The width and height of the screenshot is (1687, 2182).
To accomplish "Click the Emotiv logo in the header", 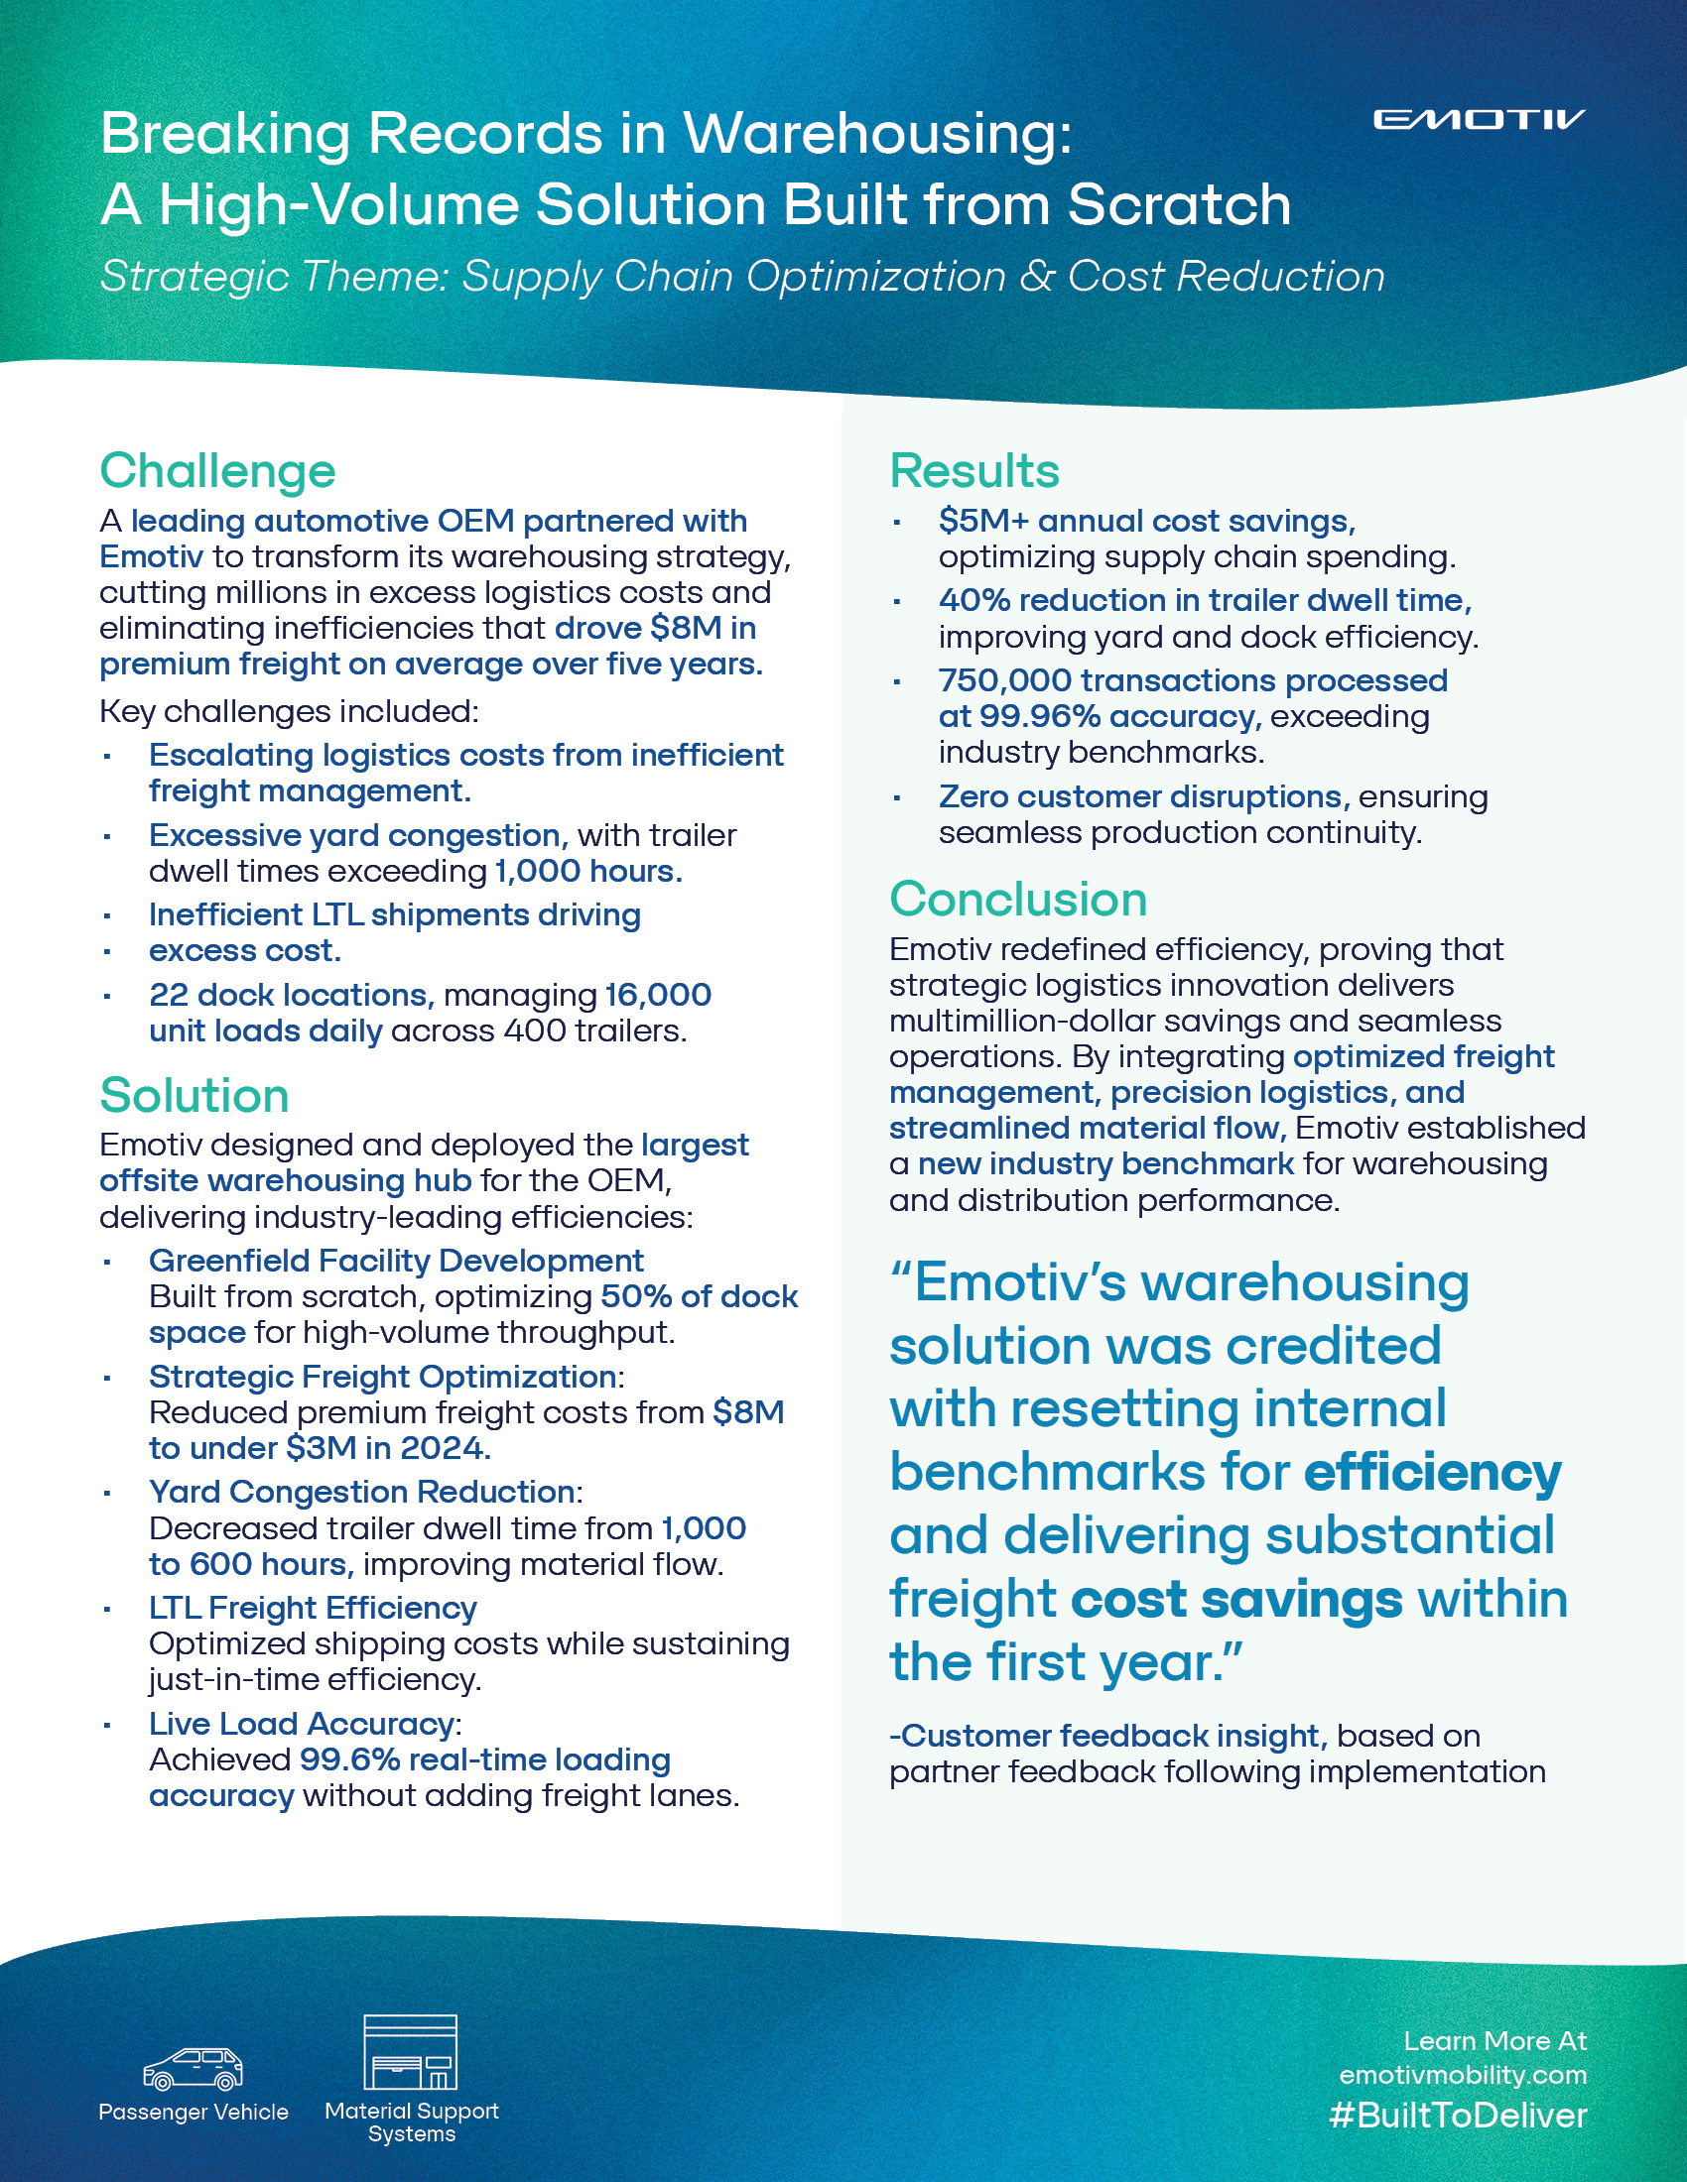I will point(1479,120).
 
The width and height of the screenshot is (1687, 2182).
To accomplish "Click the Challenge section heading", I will point(217,470).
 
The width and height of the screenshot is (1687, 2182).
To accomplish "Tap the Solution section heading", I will point(194,1095).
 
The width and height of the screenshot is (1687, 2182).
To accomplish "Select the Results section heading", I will point(973,470).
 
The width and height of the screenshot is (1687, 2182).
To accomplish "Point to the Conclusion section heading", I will point(1017,900).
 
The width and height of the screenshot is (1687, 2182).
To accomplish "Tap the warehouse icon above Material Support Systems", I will point(410,2052).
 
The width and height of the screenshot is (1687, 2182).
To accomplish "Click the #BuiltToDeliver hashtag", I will point(1457,2116).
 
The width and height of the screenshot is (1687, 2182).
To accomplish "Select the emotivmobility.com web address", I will point(1462,2074).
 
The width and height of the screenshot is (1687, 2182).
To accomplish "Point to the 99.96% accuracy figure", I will point(1039,716).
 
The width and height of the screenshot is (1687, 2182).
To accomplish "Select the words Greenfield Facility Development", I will point(396,1261).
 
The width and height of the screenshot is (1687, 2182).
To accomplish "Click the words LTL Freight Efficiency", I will point(313,1608).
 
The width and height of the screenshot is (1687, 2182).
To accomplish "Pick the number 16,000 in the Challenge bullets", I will point(658,995).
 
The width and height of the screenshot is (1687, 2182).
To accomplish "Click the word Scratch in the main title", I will point(1179,205).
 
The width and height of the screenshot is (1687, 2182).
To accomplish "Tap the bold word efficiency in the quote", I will point(1432,1473).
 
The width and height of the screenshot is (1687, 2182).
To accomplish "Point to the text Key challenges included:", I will point(289,711).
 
